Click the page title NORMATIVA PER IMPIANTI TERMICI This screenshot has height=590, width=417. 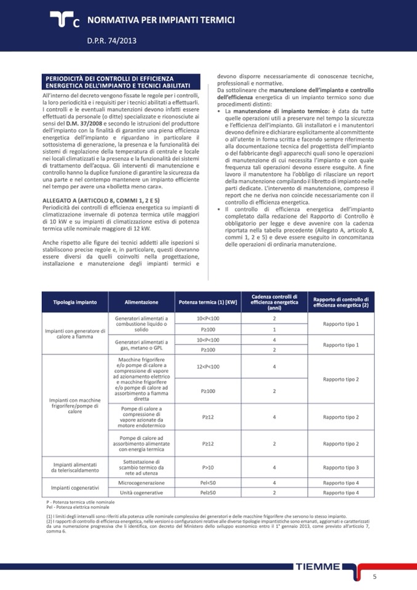pyautogui.click(x=161, y=20)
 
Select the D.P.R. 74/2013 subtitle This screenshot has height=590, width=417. pyautogui.click(x=112, y=41)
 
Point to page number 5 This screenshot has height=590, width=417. pyautogui.click(x=375, y=576)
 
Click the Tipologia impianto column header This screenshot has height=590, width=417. pyautogui.click(x=74, y=302)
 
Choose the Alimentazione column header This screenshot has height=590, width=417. pyautogui.click(x=141, y=302)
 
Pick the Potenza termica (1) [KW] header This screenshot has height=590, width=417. pyautogui.click(x=208, y=302)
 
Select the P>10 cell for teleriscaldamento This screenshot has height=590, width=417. pyautogui.click(x=208, y=467)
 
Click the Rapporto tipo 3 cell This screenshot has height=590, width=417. pyautogui.click(x=341, y=467)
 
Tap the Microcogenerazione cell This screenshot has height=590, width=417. pyautogui.click(x=141, y=483)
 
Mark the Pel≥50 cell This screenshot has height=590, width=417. pyautogui.click(x=208, y=493)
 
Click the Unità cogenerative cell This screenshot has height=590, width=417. pyautogui.click(x=141, y=493)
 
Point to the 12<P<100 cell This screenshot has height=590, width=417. pyautogui.click(x=208, y=367)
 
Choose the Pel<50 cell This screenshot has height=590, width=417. pyautogui.click(x=208, y=483)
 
